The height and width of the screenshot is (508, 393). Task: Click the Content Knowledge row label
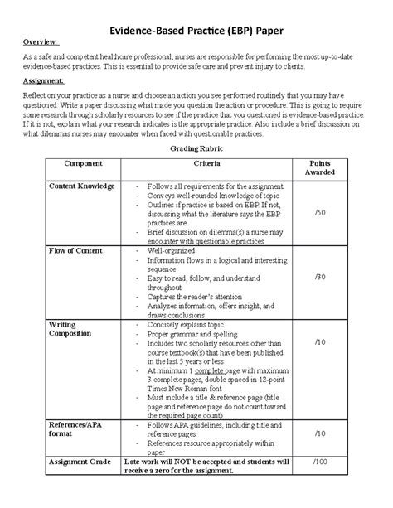click(81, 186)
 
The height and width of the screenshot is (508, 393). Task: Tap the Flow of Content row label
click(78, 249)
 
